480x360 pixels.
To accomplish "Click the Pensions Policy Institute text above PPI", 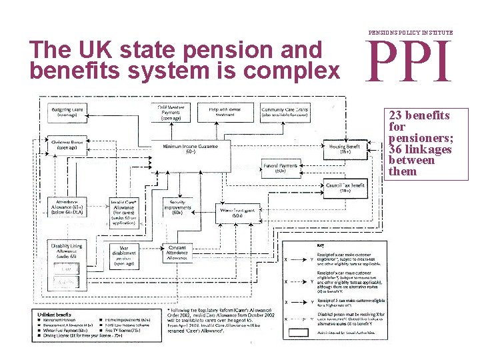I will pos(411,32).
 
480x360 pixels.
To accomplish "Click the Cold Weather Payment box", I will pos(172,111).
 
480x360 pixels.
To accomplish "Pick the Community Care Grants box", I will pos(284,111).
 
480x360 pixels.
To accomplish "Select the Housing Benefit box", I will pos(344,149).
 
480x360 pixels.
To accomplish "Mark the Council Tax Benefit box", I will pos(344,187).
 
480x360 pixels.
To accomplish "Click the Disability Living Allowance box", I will pos(67,251).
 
